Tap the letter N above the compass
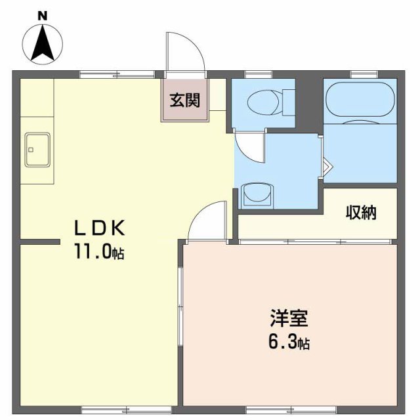point(43,14)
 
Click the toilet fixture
point(268,102)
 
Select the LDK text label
point(98,228)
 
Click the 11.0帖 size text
point(98,252)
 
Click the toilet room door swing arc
point(249,146)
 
